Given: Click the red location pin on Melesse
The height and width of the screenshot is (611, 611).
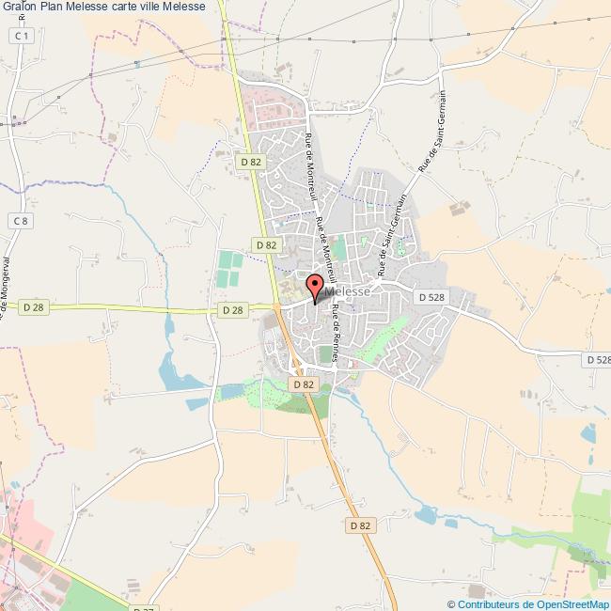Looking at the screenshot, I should (x=315, y=288).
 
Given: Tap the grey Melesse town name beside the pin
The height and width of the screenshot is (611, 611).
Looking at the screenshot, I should (x=348, y=292).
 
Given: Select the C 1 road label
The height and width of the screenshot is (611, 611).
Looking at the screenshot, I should (x=23, y=35).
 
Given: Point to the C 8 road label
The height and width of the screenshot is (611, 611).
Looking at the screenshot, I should (x=22, y=220).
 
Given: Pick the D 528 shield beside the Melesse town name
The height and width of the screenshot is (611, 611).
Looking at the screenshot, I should (x=431, y=297).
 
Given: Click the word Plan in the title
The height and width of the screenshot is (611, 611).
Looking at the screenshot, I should (x=53, y=8).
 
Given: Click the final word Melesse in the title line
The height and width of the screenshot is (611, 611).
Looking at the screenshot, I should (x=209, y=8).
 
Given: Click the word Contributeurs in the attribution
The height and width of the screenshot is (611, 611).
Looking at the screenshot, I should (x=489, y=603).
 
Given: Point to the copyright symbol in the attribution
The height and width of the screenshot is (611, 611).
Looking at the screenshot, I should (x=452, y=603).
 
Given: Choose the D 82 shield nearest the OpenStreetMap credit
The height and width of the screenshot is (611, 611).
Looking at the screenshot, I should (x=361, y=525).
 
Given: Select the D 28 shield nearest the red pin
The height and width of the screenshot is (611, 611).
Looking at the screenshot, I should (x=233, y=309).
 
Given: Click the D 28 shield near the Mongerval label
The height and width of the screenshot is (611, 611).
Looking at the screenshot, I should (x=34, y=306).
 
